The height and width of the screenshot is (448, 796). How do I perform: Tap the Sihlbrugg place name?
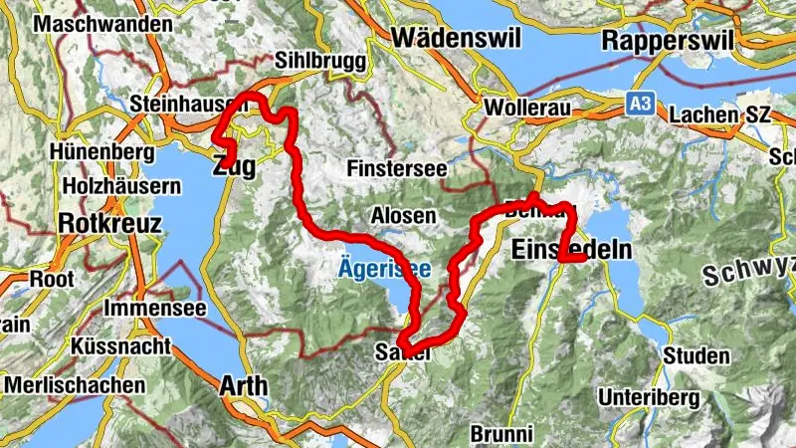tap(314, 60)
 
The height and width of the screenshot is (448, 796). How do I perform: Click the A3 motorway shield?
tap(641, 103)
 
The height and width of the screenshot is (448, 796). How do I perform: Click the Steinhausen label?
tap(188, 103)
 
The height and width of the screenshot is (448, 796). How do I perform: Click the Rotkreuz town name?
tap(109, 223)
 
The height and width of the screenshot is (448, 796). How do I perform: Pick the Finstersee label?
tap(397, 169)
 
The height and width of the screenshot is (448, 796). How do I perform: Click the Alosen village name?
tap(403, 215)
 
